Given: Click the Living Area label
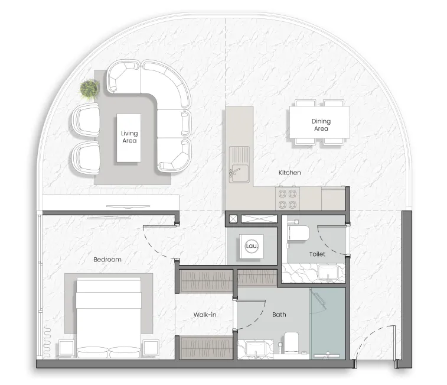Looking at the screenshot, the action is [129, 137].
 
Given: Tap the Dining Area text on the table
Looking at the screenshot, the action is [321, 125].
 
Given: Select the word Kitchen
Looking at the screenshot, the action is [290, 173].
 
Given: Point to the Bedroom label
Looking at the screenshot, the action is [107, 260].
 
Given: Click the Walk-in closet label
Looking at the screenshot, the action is [205, 315].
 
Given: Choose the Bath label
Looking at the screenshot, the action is [279, 315].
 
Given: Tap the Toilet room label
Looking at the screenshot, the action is [317, 254].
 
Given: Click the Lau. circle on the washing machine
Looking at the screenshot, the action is [252, 246].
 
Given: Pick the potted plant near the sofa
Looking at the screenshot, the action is [90, 89].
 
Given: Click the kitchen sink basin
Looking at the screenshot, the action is [240, 173].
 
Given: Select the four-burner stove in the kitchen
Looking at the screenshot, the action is [288, 199].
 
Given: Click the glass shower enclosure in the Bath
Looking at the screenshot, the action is [328, 323].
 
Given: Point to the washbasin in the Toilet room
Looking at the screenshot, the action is [328, 273].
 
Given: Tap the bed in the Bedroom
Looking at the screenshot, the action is [108, 317].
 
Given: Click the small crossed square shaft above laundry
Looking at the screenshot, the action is [233, 219].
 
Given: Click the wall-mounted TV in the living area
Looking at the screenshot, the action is [128, 206].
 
